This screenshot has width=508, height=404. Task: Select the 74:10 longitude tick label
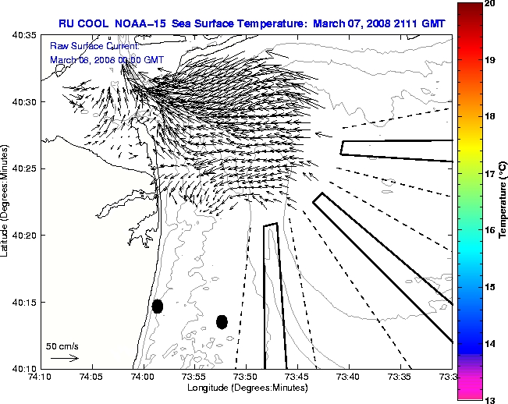(x=40, y=377)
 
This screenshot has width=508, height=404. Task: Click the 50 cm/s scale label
(x=62, y=346)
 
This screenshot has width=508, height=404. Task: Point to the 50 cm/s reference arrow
(x=64, y=358)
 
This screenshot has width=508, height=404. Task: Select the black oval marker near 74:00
(x=158, y=306)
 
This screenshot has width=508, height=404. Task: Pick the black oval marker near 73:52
(x=222, y=321)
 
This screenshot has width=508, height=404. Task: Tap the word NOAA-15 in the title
(x=134, y=23)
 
